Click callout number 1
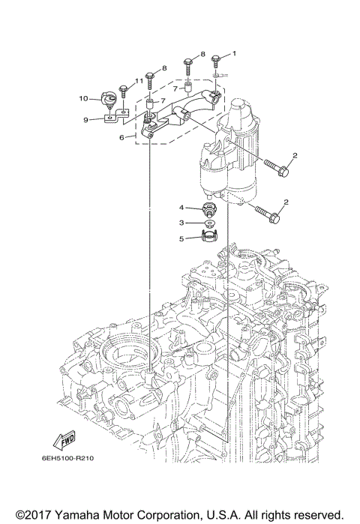[x=233, y=53]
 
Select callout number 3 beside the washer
[x=181, y=223]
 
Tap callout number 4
[x=181, y=207]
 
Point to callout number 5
[x=181, y=239]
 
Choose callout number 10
[x=85, y=98]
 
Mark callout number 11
[x=139, y=80]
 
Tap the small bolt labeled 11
[x=124, y=91]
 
